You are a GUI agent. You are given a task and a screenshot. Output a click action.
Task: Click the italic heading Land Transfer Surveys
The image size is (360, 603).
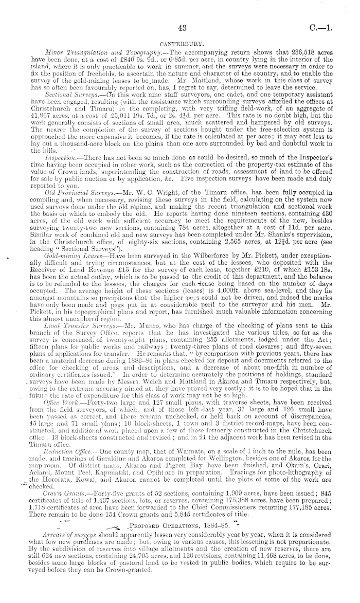[77, 312]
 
